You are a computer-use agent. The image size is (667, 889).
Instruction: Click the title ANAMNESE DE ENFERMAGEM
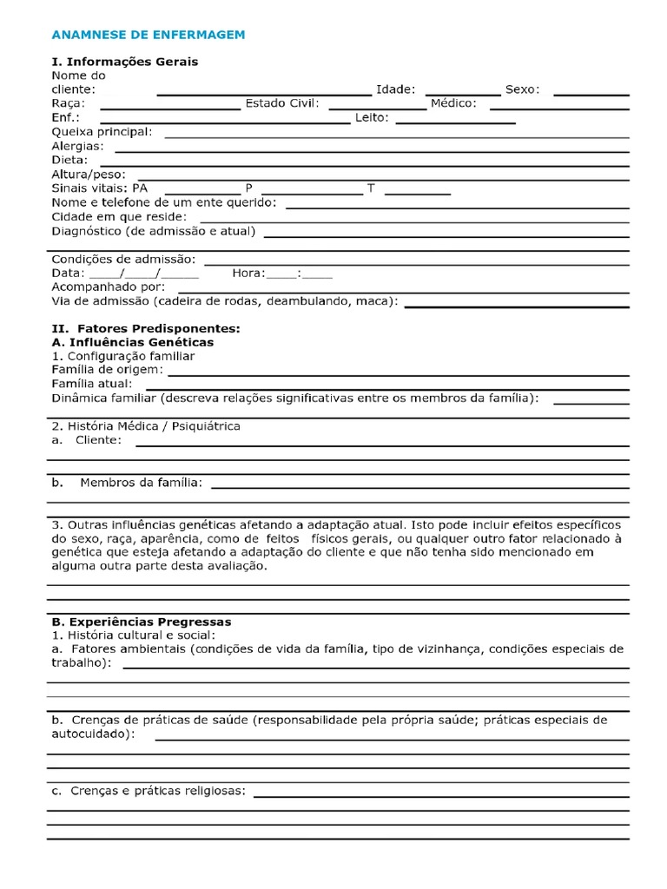149,34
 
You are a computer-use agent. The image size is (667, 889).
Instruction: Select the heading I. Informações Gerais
125,62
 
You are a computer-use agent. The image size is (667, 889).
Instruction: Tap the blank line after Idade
462,91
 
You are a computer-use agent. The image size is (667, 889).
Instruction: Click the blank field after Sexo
591,91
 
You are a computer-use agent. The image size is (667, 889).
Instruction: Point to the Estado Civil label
282,103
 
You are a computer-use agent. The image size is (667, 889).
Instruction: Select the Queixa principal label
102,132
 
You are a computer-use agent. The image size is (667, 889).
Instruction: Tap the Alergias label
77,147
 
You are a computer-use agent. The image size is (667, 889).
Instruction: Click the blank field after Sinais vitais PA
201,190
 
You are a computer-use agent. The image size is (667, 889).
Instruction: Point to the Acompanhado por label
109,286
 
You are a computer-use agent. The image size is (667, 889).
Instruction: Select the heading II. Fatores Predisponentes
145,329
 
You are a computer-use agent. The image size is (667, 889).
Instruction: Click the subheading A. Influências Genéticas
133,342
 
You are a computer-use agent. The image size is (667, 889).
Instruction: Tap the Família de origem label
107,370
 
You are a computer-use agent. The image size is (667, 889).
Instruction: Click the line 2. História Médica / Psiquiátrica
146,426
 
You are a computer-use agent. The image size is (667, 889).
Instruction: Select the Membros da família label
141,482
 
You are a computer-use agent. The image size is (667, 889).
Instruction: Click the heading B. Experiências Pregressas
142,622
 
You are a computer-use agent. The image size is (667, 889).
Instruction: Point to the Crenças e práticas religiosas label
157,791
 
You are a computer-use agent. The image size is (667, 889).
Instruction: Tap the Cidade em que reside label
119,217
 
